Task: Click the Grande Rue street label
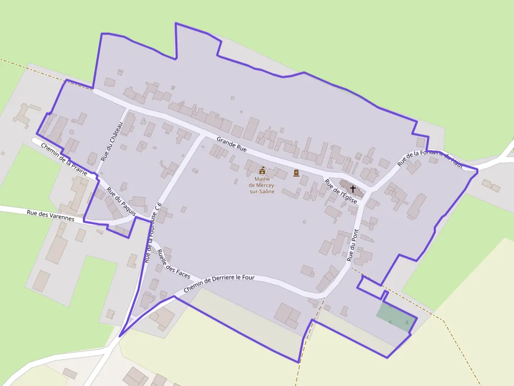(x=231, y=144)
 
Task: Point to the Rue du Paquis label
(x=121, y=202)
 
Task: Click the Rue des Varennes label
(x=50, y=215)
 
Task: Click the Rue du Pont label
(x=353, y=245)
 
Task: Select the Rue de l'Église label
(x=341, y=191)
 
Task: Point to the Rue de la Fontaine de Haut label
(x=430, y=158)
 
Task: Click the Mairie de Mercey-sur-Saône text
(x=262, y=185)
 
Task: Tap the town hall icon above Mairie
(x=262, y=171)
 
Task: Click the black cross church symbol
(x=353, y=189)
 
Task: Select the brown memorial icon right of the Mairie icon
(x=296, y=173)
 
